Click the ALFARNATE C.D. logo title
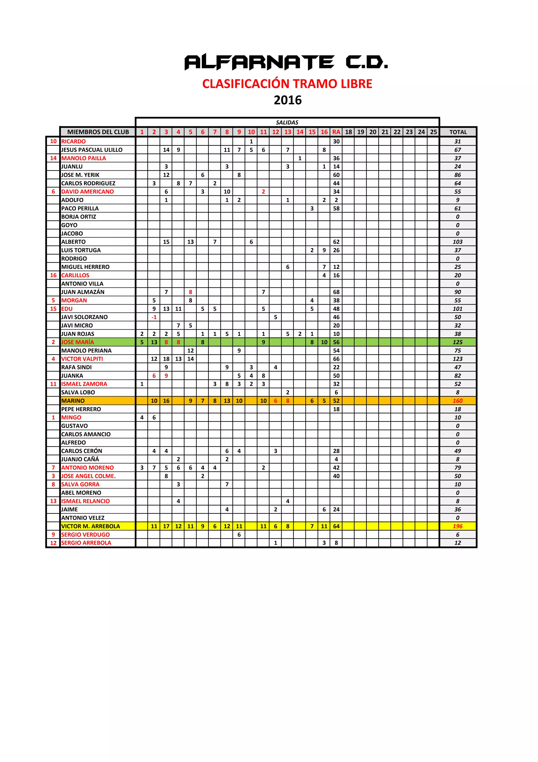click(x=286, y=62)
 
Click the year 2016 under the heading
click(x=287, y=100)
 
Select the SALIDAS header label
click(x=287, y=123)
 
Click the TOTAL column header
click(x=458, y=132)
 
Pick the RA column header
click(x=336, y=132)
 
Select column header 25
click(x=433, y=132)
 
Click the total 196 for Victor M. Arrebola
click(x=457, y=526)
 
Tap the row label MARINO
click(x=73, y=401)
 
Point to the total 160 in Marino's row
click(x=457, y=401)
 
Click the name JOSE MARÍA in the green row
click(x=77, y=342)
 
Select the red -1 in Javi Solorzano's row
click(x=154, y=317)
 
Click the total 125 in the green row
click(x=457, y=342)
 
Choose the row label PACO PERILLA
click(x=80, y=208)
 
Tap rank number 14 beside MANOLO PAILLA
click(x=53, y=158)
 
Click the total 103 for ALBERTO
click(x=457, y=242)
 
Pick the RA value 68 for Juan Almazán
click(x=336, y=292)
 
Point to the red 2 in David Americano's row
click(x=263, y=192)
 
